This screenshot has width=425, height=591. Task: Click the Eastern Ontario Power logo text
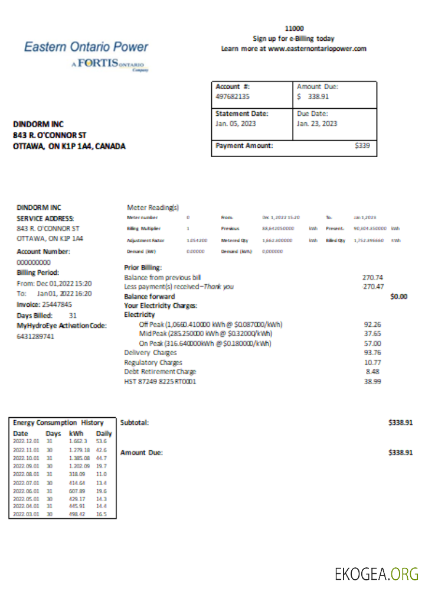[x=86, y=47]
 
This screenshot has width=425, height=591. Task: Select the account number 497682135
[x=233, y=96]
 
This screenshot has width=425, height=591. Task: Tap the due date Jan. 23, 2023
[x=317, y=124]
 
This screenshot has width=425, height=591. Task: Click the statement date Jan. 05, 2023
[x=236, y=124]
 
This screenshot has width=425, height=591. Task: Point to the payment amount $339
[x=362, y=145]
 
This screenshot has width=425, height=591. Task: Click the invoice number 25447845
[x=54, y=304]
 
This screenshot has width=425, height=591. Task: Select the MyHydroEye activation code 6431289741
[x=35, y=336]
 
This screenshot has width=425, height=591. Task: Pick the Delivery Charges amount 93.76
[x=374, y=353]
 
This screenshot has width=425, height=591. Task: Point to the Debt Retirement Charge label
[x=160, y=372]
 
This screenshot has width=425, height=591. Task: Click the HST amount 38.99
[x=374, y=382]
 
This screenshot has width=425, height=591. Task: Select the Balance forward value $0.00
[x=398, y=297]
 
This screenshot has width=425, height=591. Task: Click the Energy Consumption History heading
[x=58, y=423]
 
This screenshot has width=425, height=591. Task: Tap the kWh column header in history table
[x=76, y=433]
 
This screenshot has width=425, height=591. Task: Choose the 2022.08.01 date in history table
[x=25, y=474]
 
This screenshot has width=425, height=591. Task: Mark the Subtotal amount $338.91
[x=400, y=423]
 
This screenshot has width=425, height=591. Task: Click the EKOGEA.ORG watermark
[x=377, y=573]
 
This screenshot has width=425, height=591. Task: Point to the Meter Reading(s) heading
[x=153, y=207]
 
